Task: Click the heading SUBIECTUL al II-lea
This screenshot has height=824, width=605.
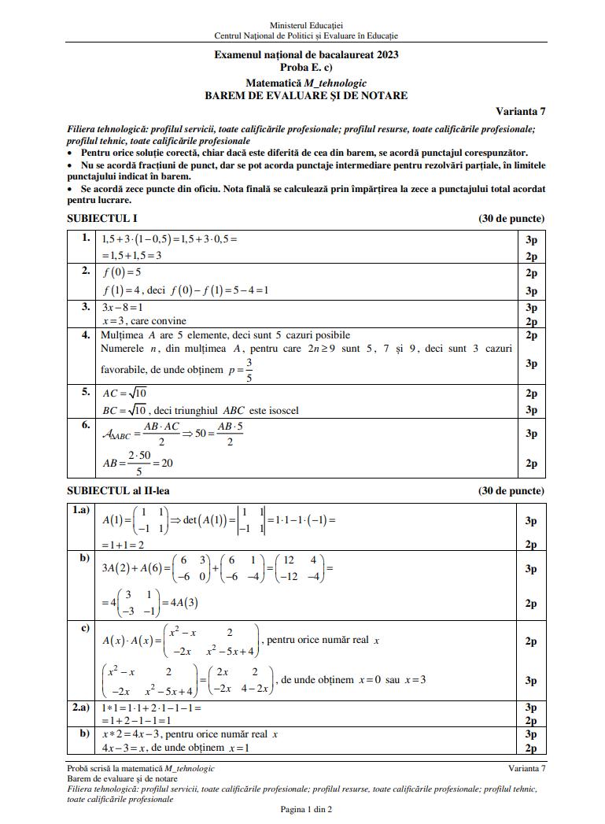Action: click(x=118, y=490)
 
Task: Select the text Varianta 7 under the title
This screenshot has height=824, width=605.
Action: click(x=520, y=111)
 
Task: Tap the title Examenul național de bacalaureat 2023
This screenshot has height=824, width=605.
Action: click(x=306, y=55)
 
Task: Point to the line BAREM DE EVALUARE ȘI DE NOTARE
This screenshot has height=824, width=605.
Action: click(x=306, y=95)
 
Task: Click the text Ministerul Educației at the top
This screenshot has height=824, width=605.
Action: click(x=306, y=26)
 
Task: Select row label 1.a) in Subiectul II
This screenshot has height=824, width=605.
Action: click(x=82, y=511)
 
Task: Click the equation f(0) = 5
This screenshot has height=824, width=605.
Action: click(x=122, y=273)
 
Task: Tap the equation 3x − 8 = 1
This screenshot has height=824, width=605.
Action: click(x=122, y=308)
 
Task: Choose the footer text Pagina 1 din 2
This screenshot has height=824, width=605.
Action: click(x=306, y=810)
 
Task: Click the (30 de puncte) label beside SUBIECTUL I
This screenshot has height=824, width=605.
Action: click(x=511, y=219)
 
